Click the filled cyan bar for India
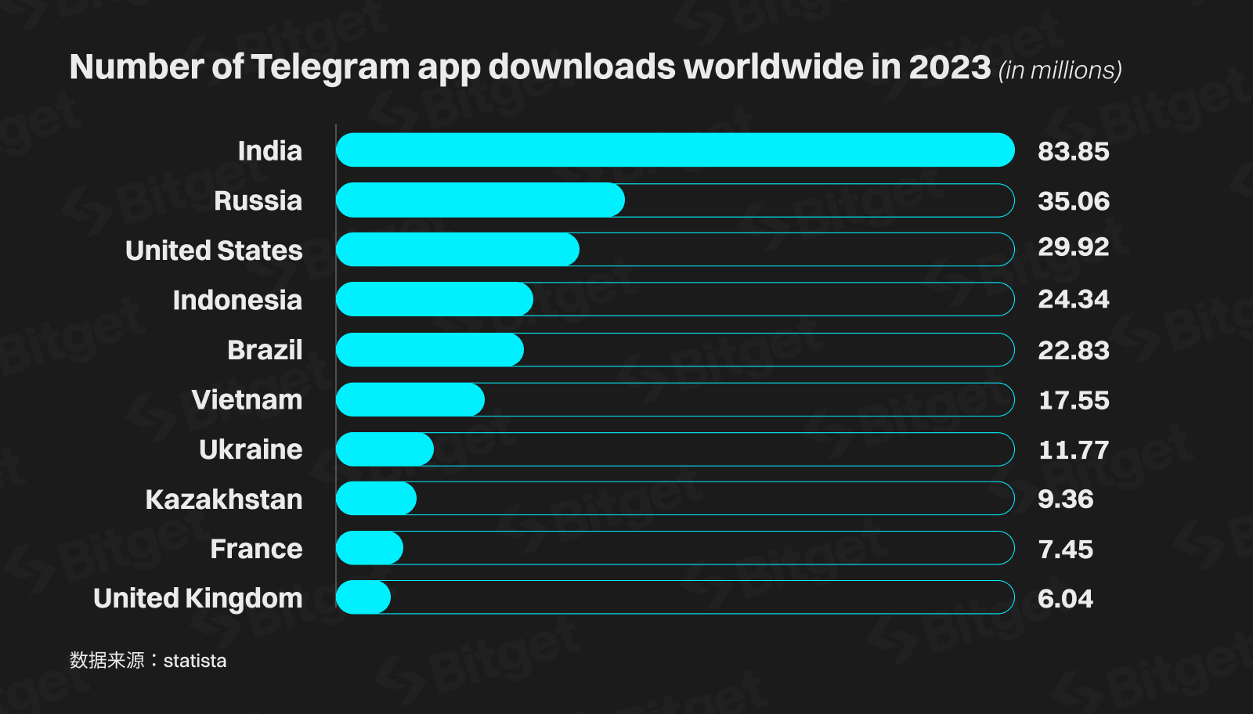click(x=675, y=150)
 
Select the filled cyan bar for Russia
click(x=480, y=200)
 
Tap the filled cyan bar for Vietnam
click(x=410, y=399)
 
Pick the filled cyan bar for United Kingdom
click(x=363, y=597)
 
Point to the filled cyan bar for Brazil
click(x=430, y=349)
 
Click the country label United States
click(x=214, y=251)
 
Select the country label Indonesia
click(x=237, y=300)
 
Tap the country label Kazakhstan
click(x=224, y=499)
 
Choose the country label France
click(x=256, y=549)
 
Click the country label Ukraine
click(x=251, y=449)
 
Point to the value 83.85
click(x=1073, y=151)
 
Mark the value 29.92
click(x=1073, y=247)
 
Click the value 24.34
click(x=1073, y=299)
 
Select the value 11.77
click(x=1073, y=450)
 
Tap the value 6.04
click(x=1065, y=599)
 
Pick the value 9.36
click(x=1065, y=499)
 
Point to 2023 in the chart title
click(x=949, y=67)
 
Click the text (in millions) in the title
click(x=1060, y=70)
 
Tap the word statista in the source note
click(x=195, y=661)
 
